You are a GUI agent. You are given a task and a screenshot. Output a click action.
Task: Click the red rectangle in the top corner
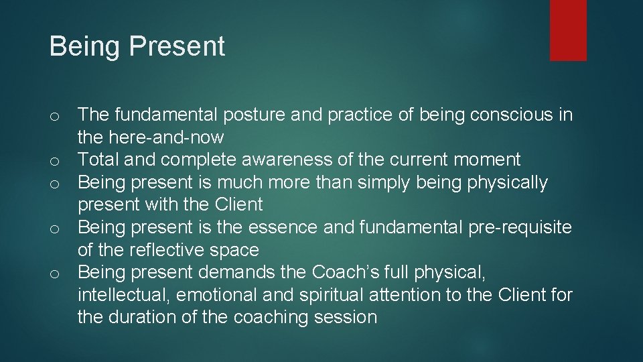tap(568, 30)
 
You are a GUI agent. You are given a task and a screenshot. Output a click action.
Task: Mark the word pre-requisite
tap(509, 227)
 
